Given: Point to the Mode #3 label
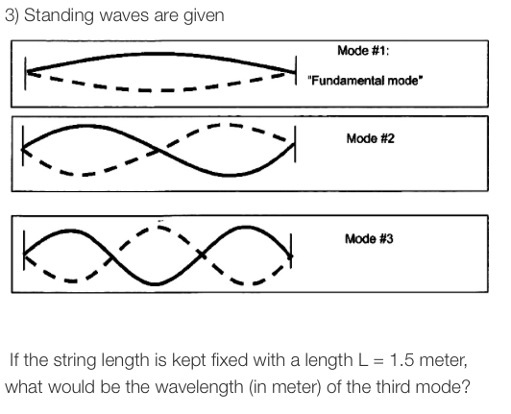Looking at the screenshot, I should point(370,238).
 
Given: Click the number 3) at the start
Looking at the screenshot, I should point(16,13).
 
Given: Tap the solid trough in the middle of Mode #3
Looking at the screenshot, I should point(158,284).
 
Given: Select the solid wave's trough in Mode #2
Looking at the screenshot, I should point(228,175).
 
